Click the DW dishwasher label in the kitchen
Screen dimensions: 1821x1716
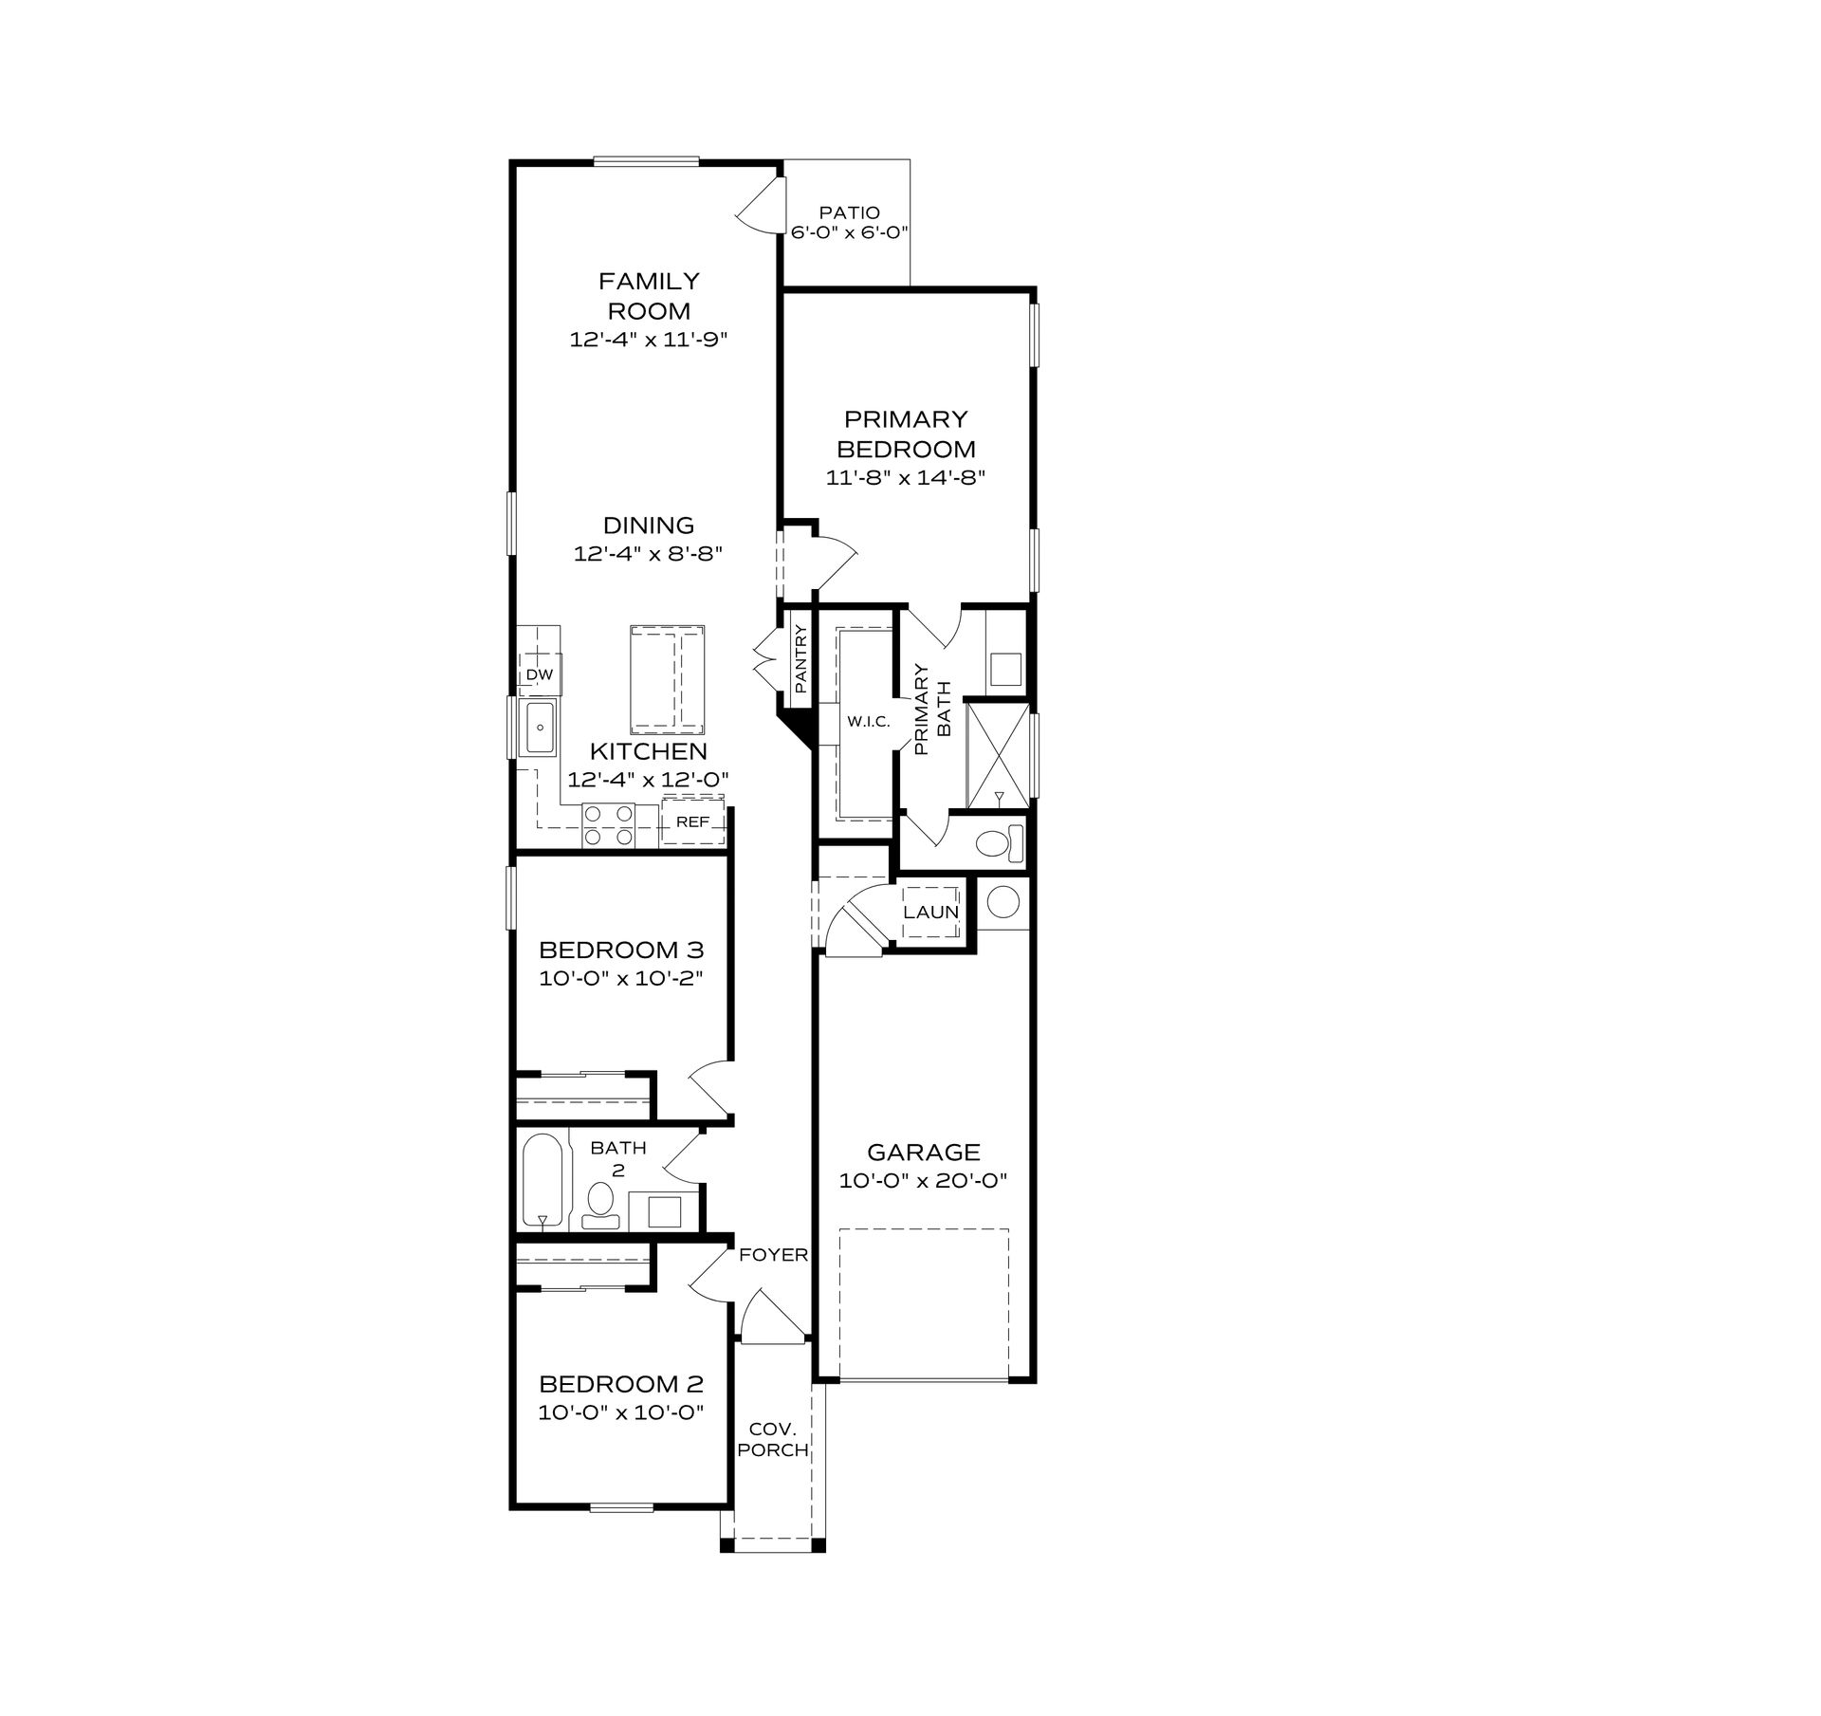pyautogui.click(x=540, y=674)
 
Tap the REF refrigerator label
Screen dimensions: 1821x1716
pyautogui.click(x=692, y=821)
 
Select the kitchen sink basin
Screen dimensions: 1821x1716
pyautogui.click(x=540, y=728)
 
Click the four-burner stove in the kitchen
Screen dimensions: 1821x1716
pyautogui.click(x=608, y=824)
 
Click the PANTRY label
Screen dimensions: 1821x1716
pyautogui.click(x=800, y=658)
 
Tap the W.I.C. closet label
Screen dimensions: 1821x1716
pyautogui.click(x=869, y=723)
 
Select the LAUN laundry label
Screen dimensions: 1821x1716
pyautogui.click(x=931, y=913)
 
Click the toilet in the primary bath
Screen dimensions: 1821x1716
pyautogui.click(x=1000, y=842)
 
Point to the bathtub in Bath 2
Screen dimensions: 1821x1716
pyautogui.click(x=543, y=1181)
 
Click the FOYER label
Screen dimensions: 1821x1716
pyautogui.click(x=774, y=1255)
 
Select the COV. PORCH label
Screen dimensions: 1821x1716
pyautogui.click(x=774, y=1439)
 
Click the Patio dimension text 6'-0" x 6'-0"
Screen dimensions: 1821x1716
pyautogui.click(x=851, y=231)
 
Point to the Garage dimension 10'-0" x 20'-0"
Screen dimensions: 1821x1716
pyautogui.click(x=923, y=1181)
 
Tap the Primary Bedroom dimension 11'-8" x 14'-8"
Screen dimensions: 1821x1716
pyautogui.click(x=906, y=477)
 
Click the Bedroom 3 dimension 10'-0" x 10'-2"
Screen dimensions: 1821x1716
pyautogui.click(x=621, y=978)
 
